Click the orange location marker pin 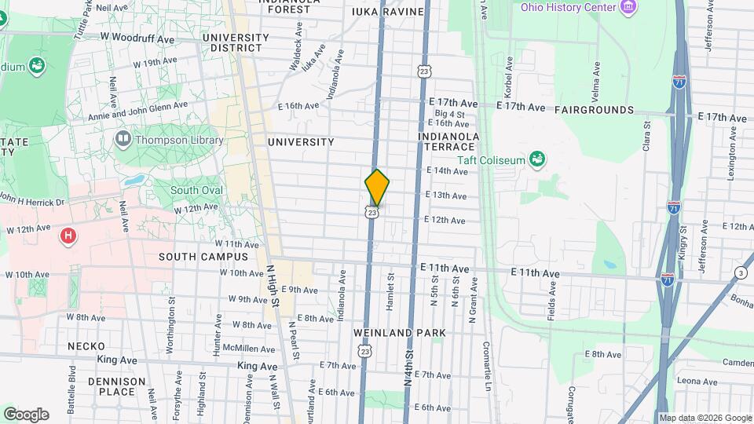tap(377, 187)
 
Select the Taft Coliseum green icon tap(537, 160)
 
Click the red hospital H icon tap(68, 235)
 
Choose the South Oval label tap(196, 190)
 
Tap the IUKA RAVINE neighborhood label tap(388, 12)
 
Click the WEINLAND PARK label tap(399, 333)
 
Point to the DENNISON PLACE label tap(117, 386)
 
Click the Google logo tap(26, 415)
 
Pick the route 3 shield tap(741, 272)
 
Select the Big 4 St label tap(449, 114)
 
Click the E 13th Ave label tap(446, 196)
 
